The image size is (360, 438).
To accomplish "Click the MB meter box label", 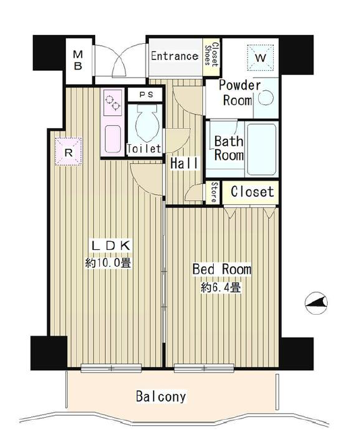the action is (x=78, y=60).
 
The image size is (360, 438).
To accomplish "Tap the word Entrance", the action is (x=175, y=56).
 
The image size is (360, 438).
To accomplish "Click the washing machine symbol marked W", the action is (x=260, y=58).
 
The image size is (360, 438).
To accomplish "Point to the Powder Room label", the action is (x=239, y=93).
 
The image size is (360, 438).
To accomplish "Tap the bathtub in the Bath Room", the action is (x=262, y=150).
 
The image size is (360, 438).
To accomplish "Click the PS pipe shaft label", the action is (x=146, y=95).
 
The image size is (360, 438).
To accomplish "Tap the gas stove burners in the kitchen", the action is (x=113, y=102).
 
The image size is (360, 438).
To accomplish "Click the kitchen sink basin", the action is (x=113, y=139).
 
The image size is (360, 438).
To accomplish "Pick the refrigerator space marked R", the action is (x=69, y=152).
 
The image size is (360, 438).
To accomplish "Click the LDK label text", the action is (x=111, y=245).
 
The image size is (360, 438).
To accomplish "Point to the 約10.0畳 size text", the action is (x=108, y=263).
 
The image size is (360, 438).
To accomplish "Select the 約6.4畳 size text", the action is (x=220, y=287).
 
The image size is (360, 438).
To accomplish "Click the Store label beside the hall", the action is (x=214, y=193).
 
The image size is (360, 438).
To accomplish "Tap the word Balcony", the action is (x=160, y=397).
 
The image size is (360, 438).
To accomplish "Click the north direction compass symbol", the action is (x=316, y=303).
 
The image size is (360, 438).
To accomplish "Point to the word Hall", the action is (x=185, y=163).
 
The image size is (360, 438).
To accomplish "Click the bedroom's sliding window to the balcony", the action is (x=204, y=368).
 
